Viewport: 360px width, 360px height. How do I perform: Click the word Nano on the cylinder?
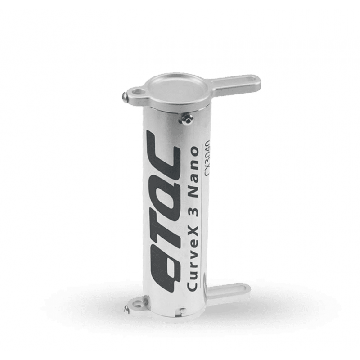pyautogui.click(x=194, y=173)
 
